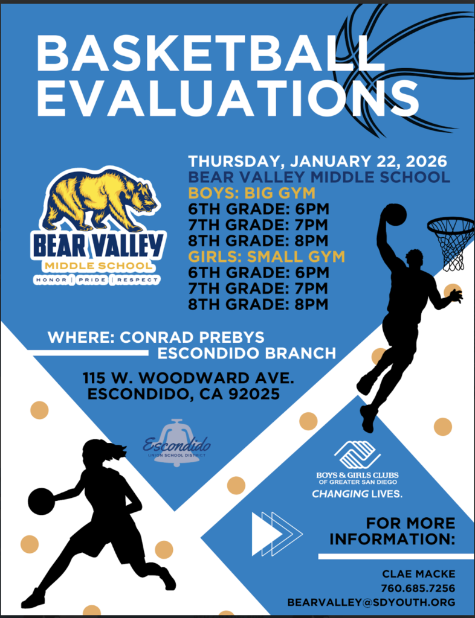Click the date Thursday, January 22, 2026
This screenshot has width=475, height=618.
317,162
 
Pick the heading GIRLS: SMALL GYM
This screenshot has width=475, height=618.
267,256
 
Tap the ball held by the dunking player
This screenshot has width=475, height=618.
395,214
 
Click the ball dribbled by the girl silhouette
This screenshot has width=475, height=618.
41,502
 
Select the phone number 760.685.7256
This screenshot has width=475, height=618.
418,588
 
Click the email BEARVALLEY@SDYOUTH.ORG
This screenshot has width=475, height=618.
371,602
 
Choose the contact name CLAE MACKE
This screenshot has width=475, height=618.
418,573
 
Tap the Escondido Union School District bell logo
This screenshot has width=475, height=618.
176,444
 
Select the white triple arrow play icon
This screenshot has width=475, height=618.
276,534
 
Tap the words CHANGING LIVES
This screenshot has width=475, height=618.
357,494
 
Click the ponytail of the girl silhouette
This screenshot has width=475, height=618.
117,451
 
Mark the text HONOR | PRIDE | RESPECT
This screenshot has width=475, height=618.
97,280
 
